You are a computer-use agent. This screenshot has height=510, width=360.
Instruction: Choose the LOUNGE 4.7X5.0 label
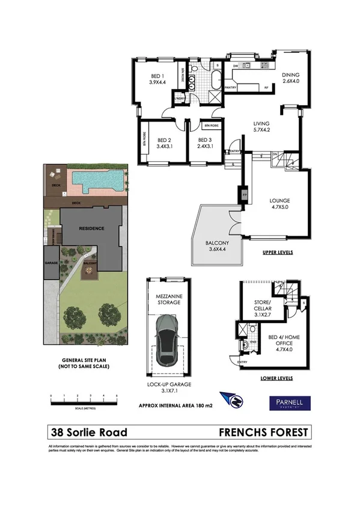click(x=279, y=204)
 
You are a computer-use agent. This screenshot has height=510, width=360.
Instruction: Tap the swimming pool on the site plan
click(x=97, y=179)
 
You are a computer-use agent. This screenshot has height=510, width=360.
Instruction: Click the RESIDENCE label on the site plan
click(x=90, y=229)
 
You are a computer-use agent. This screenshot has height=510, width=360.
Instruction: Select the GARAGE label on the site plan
click(x=49, y=263)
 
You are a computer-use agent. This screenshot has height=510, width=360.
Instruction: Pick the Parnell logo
click(x=288, y=402)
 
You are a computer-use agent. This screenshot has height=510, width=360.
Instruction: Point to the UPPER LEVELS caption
click(x=278, y=253)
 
